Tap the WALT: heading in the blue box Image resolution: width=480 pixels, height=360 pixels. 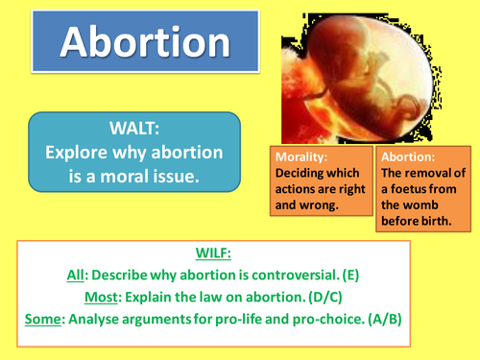[x=133, y=128]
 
